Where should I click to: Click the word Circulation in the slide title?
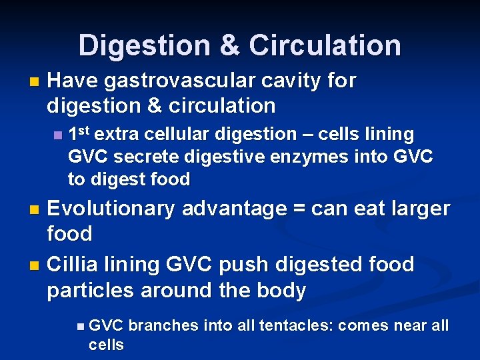coord(325,45)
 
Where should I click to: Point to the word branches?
coord(159,326)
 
